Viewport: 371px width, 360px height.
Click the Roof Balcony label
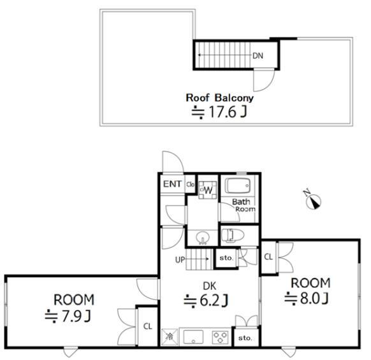(x=219, y=98)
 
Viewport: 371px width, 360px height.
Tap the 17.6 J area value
(x=219, y=112)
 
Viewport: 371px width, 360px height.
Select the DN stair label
(x=258, y=56)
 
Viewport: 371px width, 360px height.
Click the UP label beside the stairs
(x=180, y=260)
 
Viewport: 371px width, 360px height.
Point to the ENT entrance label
(x=172, y=184)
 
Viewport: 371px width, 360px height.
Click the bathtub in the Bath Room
(x=238, y=185)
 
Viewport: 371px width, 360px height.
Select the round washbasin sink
(x=203, y=238)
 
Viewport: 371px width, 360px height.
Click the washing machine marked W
(x=208, y=190)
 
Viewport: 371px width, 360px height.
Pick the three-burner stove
(x=221, y=337)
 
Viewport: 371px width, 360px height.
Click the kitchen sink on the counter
(x=193, y=337)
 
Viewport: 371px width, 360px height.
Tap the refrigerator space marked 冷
(x=170, y=337)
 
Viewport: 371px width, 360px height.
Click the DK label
(x=210, y=287)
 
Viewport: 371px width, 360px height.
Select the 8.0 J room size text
(x=307, y=298)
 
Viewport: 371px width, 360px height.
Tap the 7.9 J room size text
(x=68, y=316)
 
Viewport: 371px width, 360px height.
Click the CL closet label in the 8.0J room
(x=268, y=257)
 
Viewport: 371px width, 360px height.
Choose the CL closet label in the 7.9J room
(x=148, y=326)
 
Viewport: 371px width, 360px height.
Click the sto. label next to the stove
(x=245, y=338)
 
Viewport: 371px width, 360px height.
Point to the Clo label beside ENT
(x=190, y=184)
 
